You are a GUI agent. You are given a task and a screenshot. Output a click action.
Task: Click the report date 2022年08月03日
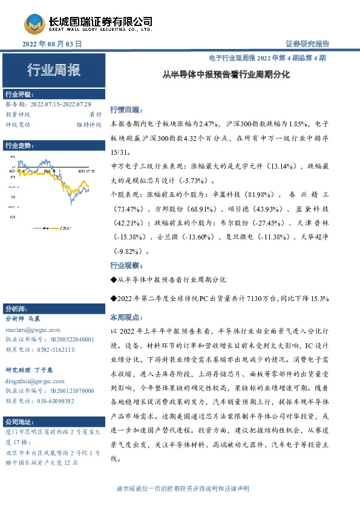pyautogui.click(x=51, y=44)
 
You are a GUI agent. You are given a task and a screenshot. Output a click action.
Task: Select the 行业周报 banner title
pyautogui.click(x=53, y=71)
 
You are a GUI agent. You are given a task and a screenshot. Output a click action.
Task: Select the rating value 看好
pyautogui.click(x=95, y=114)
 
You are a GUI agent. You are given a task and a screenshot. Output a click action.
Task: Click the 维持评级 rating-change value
pyautogui.click(x=88, y=125)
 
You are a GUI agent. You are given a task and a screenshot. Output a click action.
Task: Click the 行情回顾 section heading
pyautogui.click(x=125, y=111)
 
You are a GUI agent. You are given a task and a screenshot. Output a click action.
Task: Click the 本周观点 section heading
pyautogui.click(x=125, y=317)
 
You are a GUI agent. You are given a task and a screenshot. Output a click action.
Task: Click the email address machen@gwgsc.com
pyautogui.click(x=32, y=330)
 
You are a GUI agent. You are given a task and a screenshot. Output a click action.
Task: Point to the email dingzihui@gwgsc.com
pyautogui.click(x=34, y=381)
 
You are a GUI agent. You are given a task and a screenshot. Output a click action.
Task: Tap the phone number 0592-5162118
pyautogui.click(x=54, y=349)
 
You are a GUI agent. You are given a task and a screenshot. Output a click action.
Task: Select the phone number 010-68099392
pyautogui.click(x=54, y=401)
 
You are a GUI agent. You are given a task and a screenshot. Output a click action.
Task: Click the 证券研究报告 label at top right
pyautogui.click(x=307, y=44)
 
